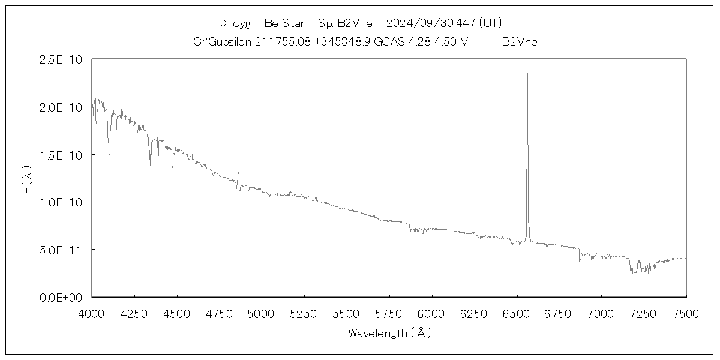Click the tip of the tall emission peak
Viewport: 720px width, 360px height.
pos(527,73)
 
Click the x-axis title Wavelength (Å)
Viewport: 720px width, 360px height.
pos(389,333)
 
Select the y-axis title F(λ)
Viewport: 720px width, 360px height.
pos(27,178)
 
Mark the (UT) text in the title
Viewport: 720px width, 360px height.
pos(490,23)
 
